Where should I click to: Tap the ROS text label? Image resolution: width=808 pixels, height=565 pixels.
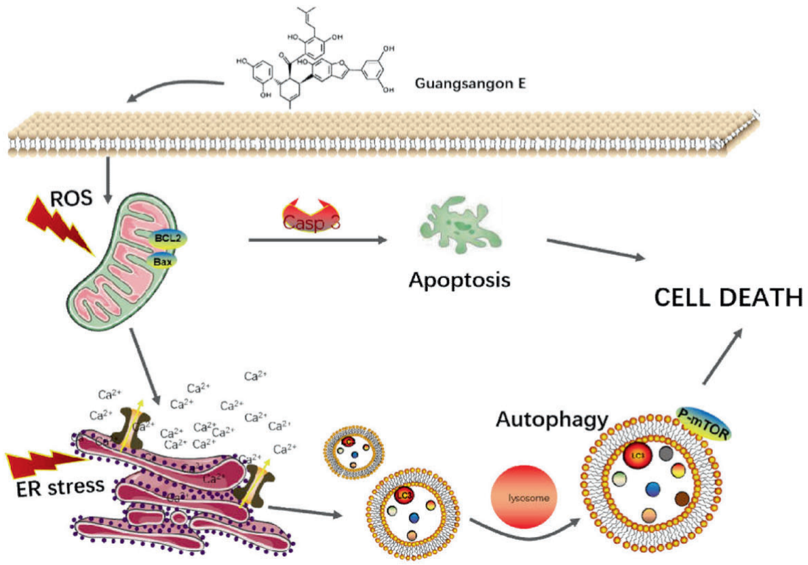pyautogui.click(x=68, y=201)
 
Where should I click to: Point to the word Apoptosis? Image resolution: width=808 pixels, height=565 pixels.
pyautogui.click(x=459, y=279)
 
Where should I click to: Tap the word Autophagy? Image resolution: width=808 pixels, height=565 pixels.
pyautogui.click(x=552, y=419)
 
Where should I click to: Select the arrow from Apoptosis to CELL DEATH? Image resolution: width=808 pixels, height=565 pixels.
pyautogui.click(x=595, y=249)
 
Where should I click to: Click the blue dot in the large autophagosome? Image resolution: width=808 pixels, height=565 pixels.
pyautogui.click(x=654, y=488)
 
